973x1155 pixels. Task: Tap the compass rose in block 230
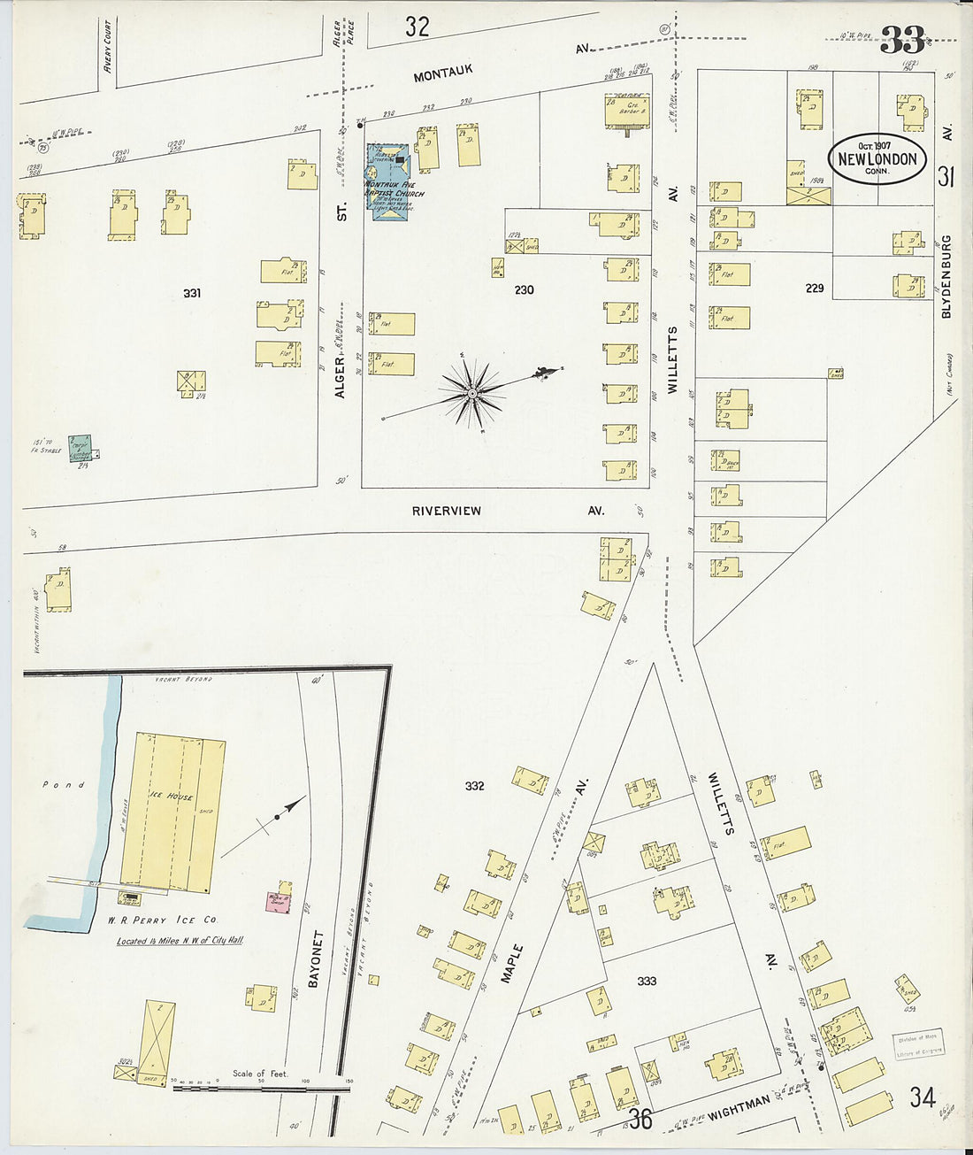[474, 391]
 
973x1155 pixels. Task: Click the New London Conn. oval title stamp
[877, 159]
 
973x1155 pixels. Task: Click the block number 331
[192, 293]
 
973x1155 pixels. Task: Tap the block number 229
[814, 289]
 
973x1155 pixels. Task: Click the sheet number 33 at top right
[902, 40]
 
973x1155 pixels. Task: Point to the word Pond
[64, 784]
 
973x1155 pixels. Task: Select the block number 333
[647, 981]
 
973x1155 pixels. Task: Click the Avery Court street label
[108, 46]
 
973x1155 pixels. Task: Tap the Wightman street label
[739, 1105]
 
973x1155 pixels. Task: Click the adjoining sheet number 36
[640, 1119]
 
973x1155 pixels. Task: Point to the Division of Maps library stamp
[917, 1043]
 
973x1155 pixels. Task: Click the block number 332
[474, 785]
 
